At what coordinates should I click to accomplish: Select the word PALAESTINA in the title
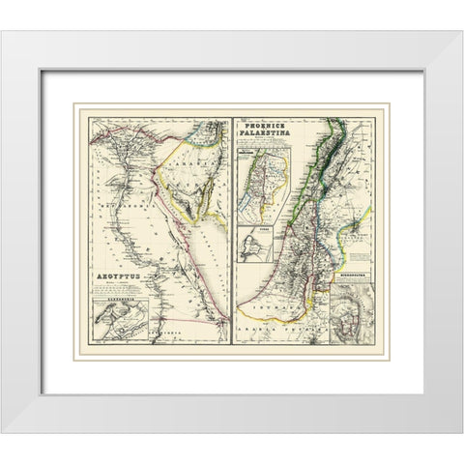pyautogui.click(x=272, y=135)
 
